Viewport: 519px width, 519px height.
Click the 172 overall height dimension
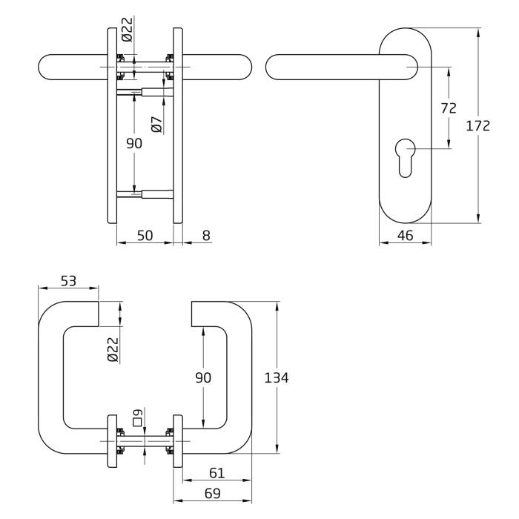click(x=477, y=126)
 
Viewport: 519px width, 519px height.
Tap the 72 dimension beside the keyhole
click(x=449, y=108)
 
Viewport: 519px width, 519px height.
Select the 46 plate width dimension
click(x=405, y=235)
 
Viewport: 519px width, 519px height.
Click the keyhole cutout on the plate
click(x=405, y=158)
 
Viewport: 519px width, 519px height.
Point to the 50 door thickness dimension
click(x=145, y=235)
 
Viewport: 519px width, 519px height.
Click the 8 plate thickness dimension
click(x=206, y=235)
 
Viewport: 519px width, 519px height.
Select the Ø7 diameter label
click(x=157, y=125)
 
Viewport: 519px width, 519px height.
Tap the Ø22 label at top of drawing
click(x=127, y=30)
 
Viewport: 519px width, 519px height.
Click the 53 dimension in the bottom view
click(x=68, y=281)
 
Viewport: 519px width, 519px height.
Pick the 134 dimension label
click(x=277, y=377)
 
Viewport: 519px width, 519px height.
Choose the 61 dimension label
click(x=216, y=473)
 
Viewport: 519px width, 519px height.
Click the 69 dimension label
click(x=213, y=493)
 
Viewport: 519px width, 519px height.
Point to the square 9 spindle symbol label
click(x=137, y=418)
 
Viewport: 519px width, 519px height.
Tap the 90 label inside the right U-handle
click(x=203, y=377)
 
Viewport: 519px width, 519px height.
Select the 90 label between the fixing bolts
click(x=134, y=143)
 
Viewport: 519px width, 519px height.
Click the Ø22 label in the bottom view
click(x=113, y=349)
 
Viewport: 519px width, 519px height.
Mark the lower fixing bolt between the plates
click(x=145, y=194)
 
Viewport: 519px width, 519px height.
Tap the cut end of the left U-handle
click(x=99, y=314)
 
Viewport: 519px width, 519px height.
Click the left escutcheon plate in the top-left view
click(x=112, y=125)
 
